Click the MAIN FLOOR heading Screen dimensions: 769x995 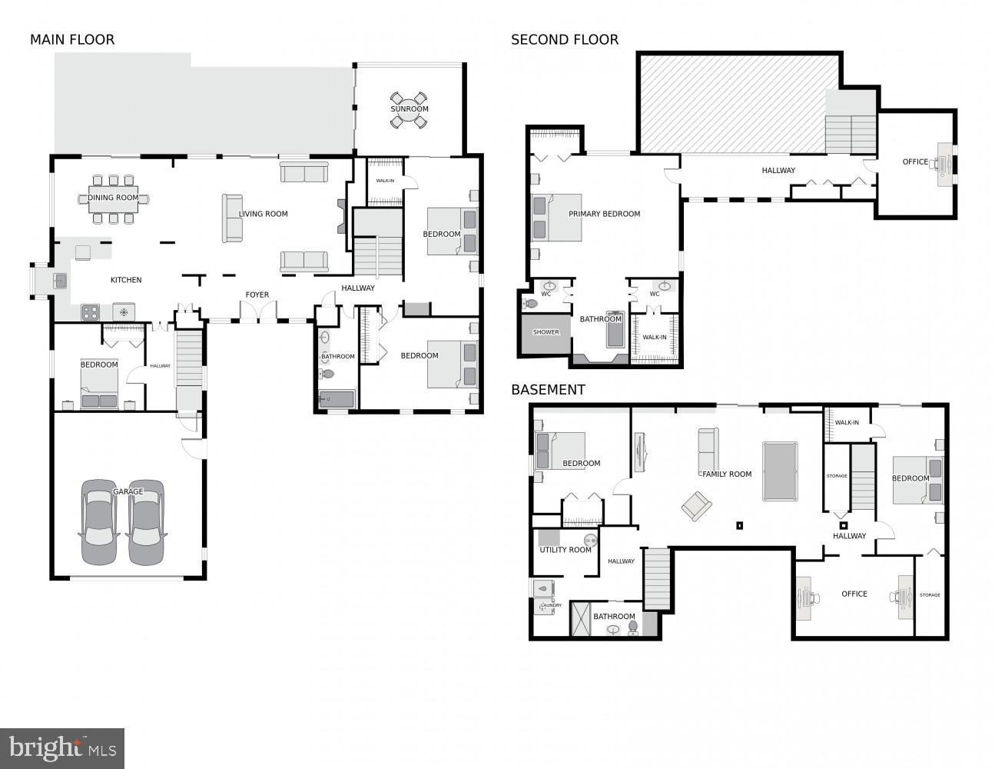point(72,40)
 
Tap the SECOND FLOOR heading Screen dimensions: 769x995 point(565,40)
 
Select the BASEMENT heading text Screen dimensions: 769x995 point(548,390)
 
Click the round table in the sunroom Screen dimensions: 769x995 point(409,108)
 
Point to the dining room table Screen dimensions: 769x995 point(113,198)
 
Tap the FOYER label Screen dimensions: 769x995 point(257,295)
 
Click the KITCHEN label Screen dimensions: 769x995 point(126,280)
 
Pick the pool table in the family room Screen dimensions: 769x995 point(780,471)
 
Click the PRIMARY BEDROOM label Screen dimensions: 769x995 point(604,214)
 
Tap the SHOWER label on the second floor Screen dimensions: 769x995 point(546,332)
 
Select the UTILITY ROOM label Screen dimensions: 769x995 point(565,550)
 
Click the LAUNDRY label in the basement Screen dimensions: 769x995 point(551,606)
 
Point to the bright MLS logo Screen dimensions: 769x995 point(62,747)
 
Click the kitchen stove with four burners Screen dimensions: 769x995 point(91,312)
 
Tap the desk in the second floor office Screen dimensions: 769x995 point(944,162)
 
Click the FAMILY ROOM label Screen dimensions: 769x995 point(727,474)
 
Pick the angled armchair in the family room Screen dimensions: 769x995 point(697,505)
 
